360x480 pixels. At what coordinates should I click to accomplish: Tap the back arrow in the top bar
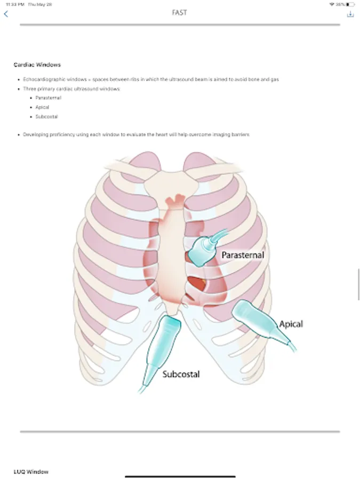pyautogui.click(x=6, y=14)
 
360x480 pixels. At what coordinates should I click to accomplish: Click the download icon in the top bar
pyautogui.click(x=350, y=14)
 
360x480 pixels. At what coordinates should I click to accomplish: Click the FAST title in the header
pyautogui.click(x=180, y=12)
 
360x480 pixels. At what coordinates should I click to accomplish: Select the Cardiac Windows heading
pyautogui.click(x=37, y=65)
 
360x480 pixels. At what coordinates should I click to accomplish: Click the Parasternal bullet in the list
pyautogui.click(x=48, y=98)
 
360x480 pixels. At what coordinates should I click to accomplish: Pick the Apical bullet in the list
pyautogui.click(x=43, y=107)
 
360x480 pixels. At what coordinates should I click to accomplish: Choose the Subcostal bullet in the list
pyautogui.click(x=46, y=116)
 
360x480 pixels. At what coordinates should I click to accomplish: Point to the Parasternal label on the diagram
pyautogui.click(x=243, y=255)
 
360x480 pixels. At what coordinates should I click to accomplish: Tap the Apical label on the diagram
pyautogui.click(x=291, y=324)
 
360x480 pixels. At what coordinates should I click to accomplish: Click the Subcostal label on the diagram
pyautogui.click(x=181, y=374)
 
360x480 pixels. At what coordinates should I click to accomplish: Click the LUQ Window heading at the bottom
pyautogui.click(x=31, y=471)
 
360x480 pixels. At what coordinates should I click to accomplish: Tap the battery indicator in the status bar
pyautogui.click(x=350, y=4)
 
